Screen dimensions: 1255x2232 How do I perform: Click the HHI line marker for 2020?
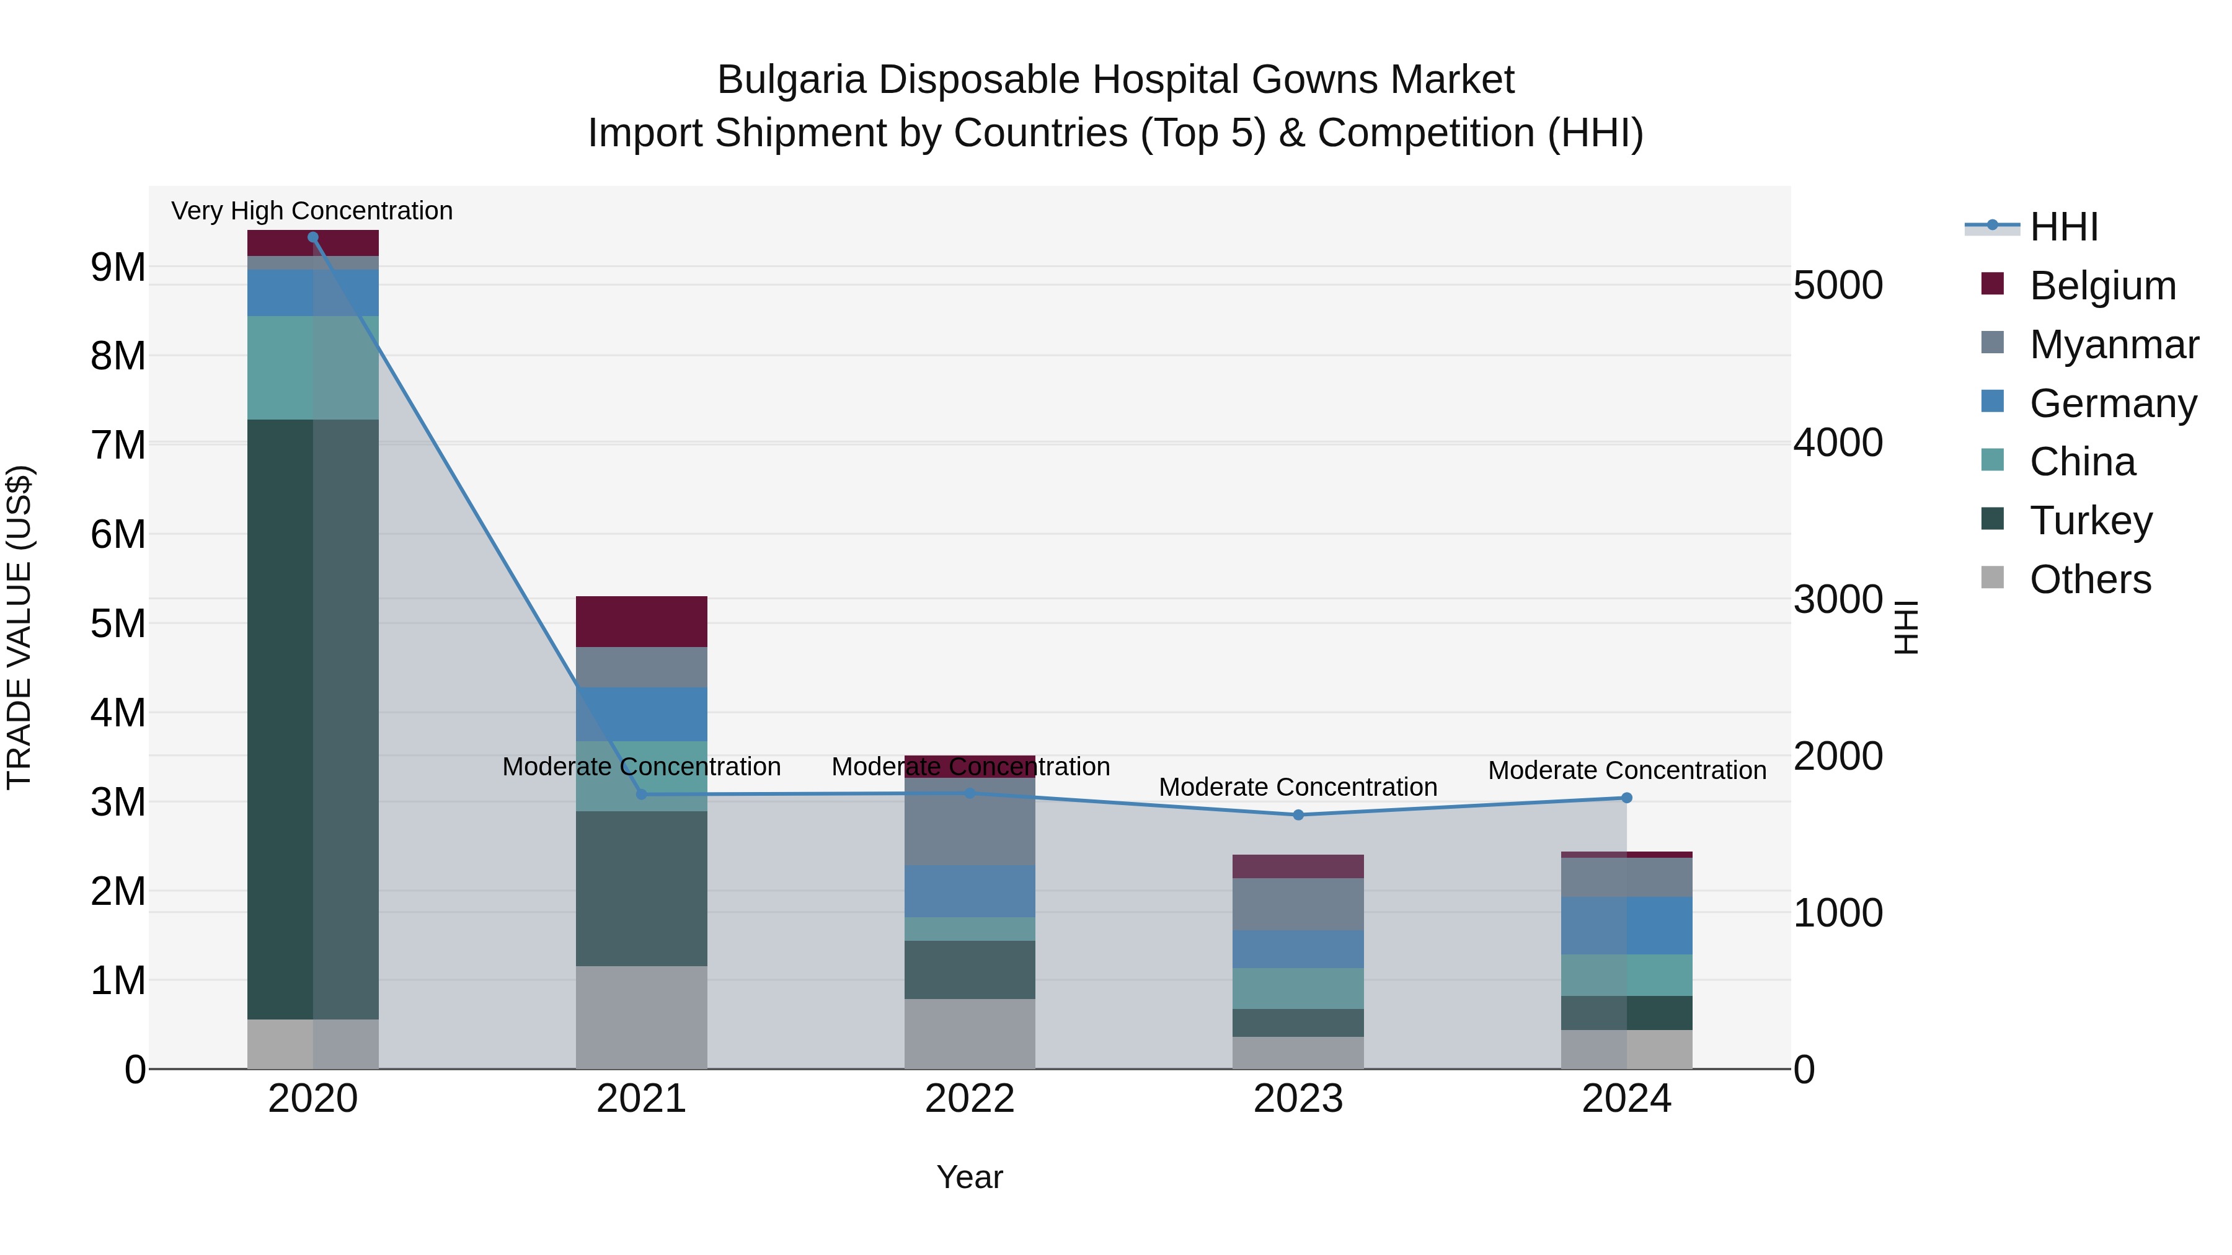click(313, 237)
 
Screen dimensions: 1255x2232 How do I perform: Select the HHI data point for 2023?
click(1298, 815)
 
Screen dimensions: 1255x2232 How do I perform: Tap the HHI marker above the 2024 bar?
click(1626, 798)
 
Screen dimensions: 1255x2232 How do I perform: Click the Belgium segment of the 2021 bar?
click(641, 622)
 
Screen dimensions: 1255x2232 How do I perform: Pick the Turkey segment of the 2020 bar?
click(313, 719)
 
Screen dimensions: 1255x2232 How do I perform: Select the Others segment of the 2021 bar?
click(641, 1017)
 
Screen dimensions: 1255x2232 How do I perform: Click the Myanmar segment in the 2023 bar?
click(1298, 904)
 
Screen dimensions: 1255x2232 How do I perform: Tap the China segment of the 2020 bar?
click(313, 368)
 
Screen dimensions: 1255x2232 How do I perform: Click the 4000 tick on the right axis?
click(1838, 443)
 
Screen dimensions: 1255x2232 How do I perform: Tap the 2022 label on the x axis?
click(970, 1099)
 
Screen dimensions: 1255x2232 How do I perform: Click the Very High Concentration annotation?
click(312, 211)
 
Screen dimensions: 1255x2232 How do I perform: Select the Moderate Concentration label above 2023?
click(1298, 786)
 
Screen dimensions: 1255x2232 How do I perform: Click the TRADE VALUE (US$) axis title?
click(19, 627)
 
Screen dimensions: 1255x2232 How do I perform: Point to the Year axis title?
click(970, 1177)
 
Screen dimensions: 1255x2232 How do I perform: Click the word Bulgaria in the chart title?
click(791, 80)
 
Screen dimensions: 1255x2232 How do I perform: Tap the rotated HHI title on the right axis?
click(1906, 627)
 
